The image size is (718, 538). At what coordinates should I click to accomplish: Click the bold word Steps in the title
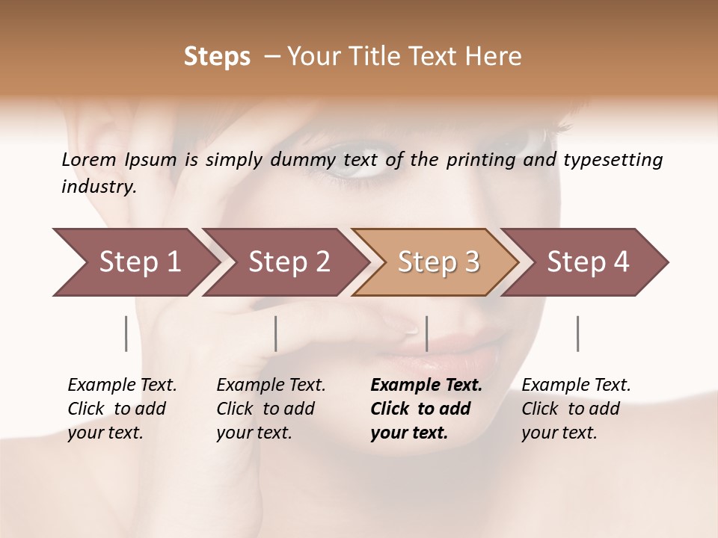[217, 57]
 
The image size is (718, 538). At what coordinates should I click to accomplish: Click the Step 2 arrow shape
[284, 262]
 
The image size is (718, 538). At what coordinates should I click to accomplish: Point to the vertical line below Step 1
[126, 333]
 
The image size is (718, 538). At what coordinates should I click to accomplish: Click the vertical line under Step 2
[276, 333]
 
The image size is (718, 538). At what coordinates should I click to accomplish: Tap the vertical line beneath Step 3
[426, 333]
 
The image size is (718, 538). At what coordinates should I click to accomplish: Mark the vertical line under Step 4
[577, 333]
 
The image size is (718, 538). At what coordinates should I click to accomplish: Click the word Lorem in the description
[88, 159]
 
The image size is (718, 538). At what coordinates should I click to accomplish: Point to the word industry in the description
[98, 187]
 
